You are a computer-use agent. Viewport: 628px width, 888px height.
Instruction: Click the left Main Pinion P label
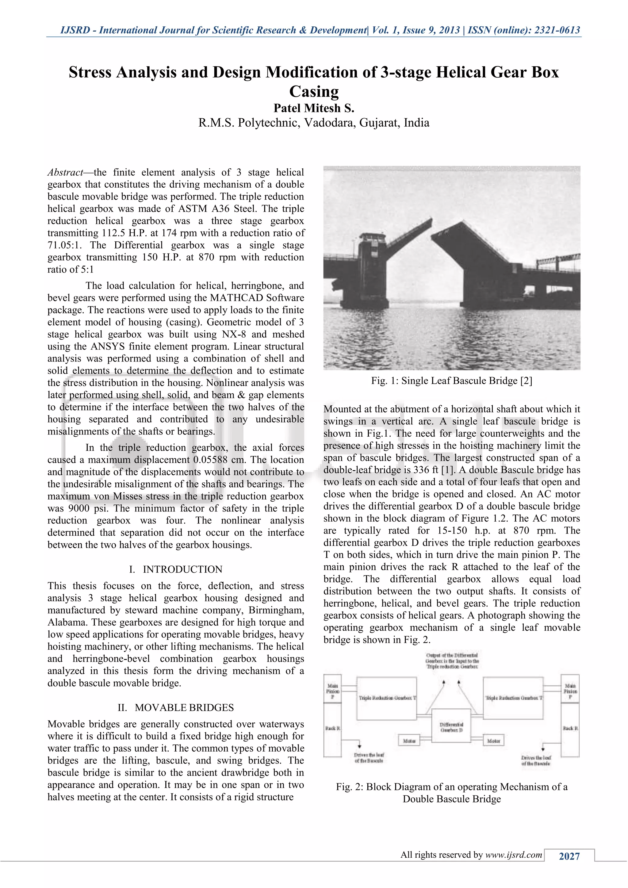[333, 691]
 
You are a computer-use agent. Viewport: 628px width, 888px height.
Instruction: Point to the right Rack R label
[570, 728]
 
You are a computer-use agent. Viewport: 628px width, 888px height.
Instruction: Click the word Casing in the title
[314, 92]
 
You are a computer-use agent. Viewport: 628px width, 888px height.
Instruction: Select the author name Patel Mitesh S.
[314, 108]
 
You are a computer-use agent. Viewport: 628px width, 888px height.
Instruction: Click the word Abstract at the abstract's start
[65, 173]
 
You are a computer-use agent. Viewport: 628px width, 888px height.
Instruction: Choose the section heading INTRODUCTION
[182, 569]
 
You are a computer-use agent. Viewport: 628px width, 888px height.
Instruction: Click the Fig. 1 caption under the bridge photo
[451, 381]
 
